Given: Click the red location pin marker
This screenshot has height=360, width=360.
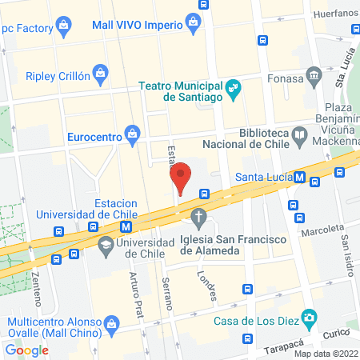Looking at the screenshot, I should pyautogui.click(x=182, y=178).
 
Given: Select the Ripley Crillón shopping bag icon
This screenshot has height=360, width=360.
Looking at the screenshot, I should pyautogui.click(x=100, y=74).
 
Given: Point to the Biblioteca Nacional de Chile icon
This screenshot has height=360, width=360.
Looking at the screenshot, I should pyautogui.click(x=299, y=134).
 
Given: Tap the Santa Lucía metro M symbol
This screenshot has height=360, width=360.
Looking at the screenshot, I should pyautogui.click(x=299, y=177).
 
